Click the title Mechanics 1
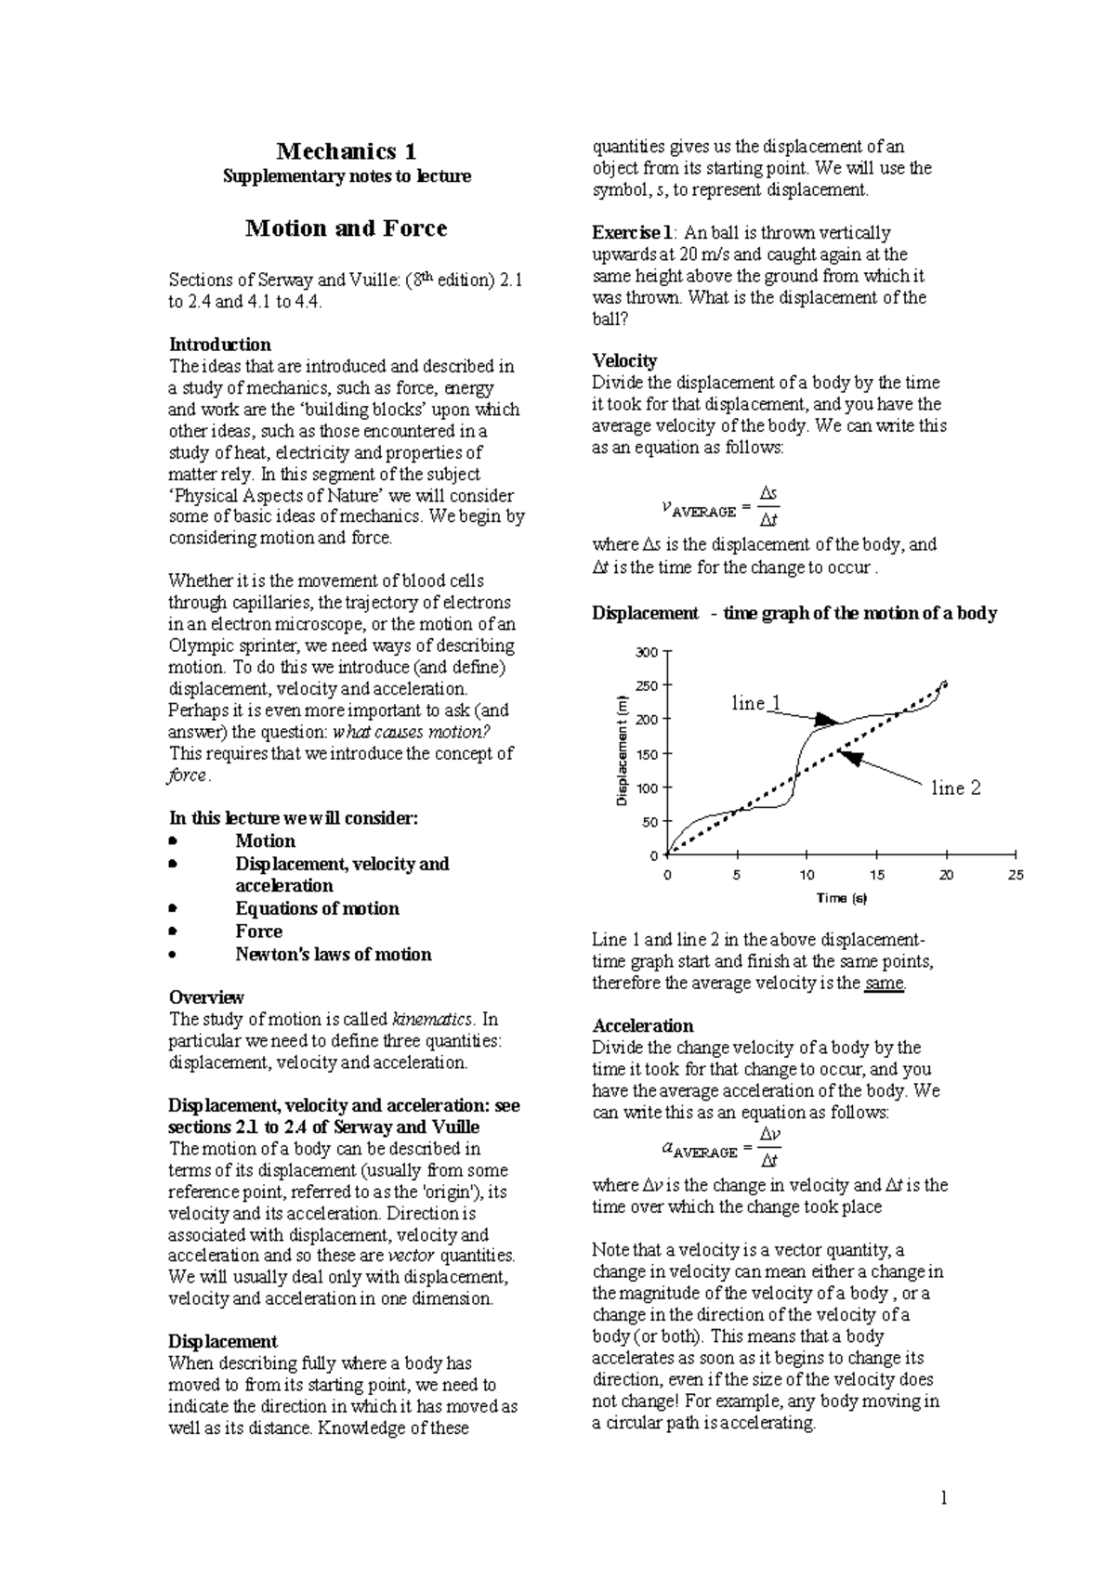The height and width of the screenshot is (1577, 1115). pyautogui.click(x=347, y=151)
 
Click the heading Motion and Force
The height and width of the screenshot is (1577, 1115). pyautogui.click(x=346, y=228)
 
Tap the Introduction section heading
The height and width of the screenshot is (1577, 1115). pyautogui.click(x=219, y=345)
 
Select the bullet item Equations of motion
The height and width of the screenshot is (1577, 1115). pyautogui.click(x=317, y=908)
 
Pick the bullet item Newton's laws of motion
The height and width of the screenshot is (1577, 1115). pyautogui.click(x=333, y=954)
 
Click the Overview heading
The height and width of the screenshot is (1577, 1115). pyautogui.click(x=205, y=997)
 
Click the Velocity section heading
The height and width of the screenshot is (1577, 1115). pyautogui.click(x=624, y=360)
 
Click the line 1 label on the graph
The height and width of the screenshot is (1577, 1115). pyautogui.click(x=755, y=703)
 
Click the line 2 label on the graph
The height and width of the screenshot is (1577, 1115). pyautogui.click(x=956, y=788)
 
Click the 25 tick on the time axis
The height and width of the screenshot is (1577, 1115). pyautogui.click(x=1016, y=875)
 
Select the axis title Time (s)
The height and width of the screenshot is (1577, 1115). pyautogui.click(x=841, y=898)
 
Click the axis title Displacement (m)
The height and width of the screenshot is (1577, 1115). pyautogui.click(x=623, y=750)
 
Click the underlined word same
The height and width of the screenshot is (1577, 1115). pyautogui.click(x=883, y=983)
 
